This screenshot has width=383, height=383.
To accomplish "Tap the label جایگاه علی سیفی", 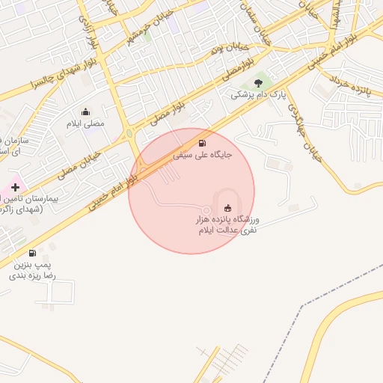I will (x=203, y=156).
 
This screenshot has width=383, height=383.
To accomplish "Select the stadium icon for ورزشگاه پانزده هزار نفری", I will (x=227, y=208).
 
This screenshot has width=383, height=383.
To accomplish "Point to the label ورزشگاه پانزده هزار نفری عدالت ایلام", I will (x=227, y=226).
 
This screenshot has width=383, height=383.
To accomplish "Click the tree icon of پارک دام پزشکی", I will (x=258, y=83).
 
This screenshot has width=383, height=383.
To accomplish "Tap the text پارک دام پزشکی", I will (x=258, y=95).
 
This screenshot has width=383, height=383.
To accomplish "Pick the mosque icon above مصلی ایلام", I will (x=85, y=111).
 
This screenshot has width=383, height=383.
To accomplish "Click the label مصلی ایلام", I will (x=86, y=123).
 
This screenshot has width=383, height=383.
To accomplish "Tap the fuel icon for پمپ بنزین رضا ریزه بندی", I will (x=32, y=254).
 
